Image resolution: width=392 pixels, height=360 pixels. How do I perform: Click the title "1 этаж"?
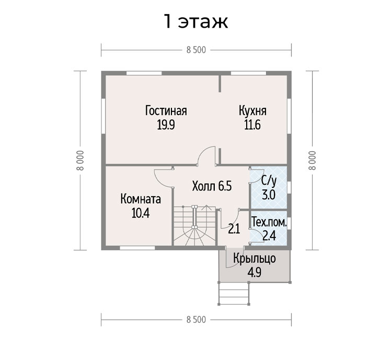pyautogui.click(x=196, y=21)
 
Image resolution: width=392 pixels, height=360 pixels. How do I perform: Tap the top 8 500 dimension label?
pyautogui.click(x=196, y=50)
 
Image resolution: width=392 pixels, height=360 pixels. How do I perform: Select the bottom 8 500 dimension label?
pyautogui.click(x=196, y=320)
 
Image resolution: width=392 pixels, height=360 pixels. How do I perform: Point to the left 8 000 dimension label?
pyautogui.click(x=80, y=161)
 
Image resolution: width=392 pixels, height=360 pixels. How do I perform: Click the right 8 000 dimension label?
pyautogui.click(x=312, y=161)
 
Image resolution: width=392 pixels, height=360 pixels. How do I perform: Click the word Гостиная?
pyautogui.click(x=166, y=111)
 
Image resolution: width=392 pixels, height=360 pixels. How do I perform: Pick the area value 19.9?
pyautogui.click(x=166, y=125)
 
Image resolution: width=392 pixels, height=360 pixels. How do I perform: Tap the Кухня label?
pyautogui.click(x=252, y=111)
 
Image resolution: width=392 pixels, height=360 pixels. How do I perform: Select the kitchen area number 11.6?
pyautogui.click(x=252, y=125)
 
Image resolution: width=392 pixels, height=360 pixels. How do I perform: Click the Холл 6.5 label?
pyautogui.click(x=212, y=186)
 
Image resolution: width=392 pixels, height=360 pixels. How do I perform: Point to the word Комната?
pyautogui.click(x=141, y=199)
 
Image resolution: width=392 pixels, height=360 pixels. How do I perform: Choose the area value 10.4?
pyautogui.click(x=141, y=213)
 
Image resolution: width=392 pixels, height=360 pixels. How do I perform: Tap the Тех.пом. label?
pyautogui.click(x=269, y=222)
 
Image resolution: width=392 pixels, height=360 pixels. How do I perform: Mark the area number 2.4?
pyautogui.click(x=269, y=236)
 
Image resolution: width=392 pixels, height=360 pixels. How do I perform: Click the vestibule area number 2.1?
pyautogui.click(x=234, y=229)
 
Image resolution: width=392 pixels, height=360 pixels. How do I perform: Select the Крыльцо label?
pyautogui.click(x=255, y=258)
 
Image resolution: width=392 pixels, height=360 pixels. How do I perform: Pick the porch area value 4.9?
pyautogui.click(x=255, y=273)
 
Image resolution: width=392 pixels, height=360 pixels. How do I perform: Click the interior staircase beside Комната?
pyautogui.click(x=194, y=226)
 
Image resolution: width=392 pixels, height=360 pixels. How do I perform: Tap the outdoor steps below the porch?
pyautogui.click(x=234, y=293)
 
